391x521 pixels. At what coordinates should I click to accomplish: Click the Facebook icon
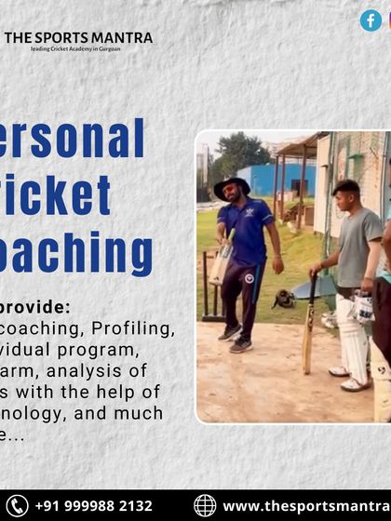pos(371,20)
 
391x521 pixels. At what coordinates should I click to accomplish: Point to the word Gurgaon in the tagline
pos(108,49)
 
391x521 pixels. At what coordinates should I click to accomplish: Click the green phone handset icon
pos(16,506)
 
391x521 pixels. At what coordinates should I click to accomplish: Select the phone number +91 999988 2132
pos(93,506)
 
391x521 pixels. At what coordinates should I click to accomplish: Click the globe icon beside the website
pos(205,506)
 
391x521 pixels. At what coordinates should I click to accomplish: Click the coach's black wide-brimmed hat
pos(232,183)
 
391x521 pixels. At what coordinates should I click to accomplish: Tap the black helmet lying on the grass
pos(283,299)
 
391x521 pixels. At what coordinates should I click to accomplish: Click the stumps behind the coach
pos(210,288)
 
